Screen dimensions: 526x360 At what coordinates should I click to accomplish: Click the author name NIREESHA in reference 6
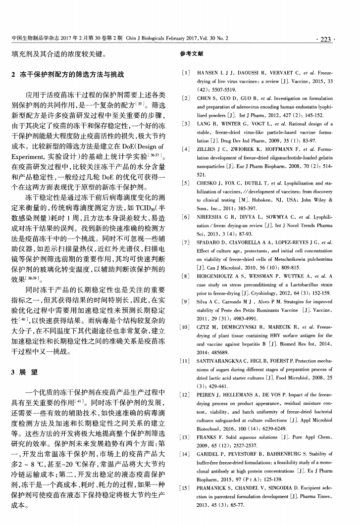tap(210, 217)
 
